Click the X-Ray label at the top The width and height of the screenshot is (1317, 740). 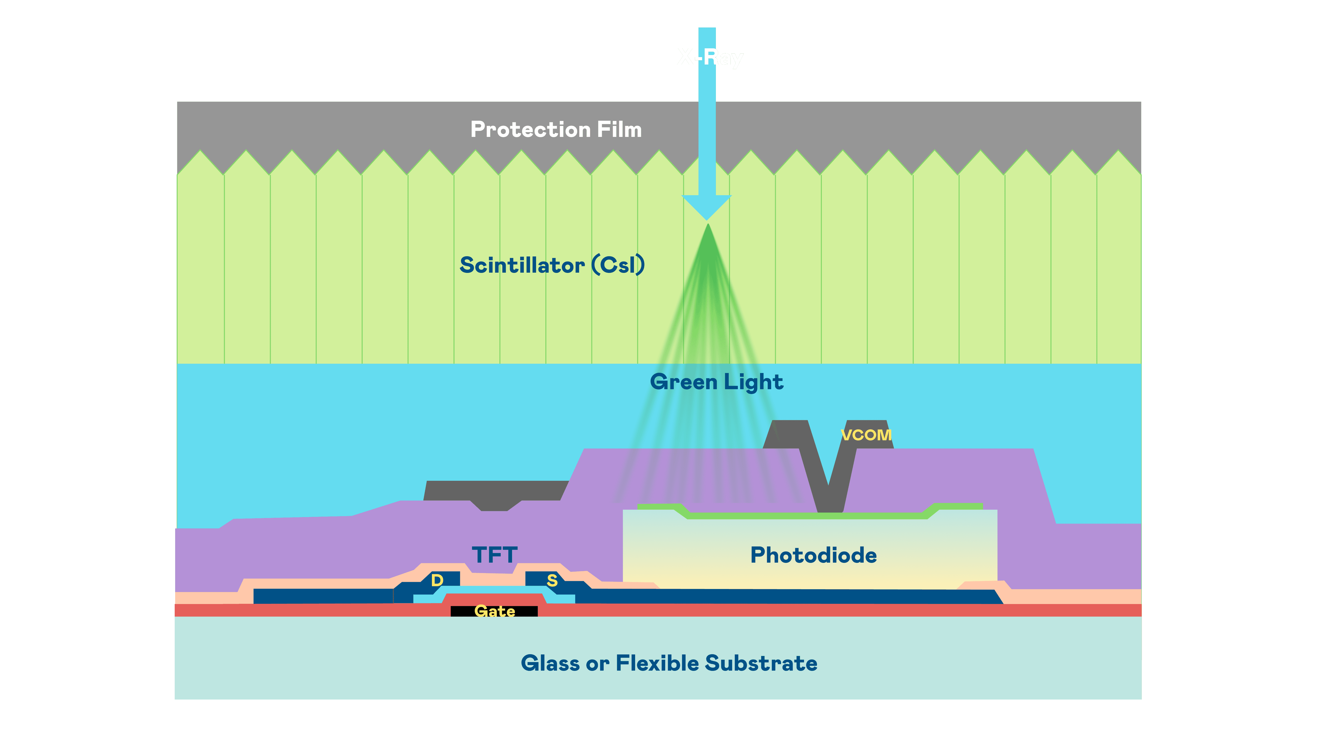click(710, 57)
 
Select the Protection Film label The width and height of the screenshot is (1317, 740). click(556, 129)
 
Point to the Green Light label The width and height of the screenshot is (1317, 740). click(716, 382)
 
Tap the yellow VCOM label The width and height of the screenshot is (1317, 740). click(866, 435)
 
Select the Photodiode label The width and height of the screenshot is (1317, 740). click(814, 555)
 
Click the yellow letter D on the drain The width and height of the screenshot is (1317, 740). click(437, 580)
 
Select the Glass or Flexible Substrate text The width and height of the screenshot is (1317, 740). click(669, 663)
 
